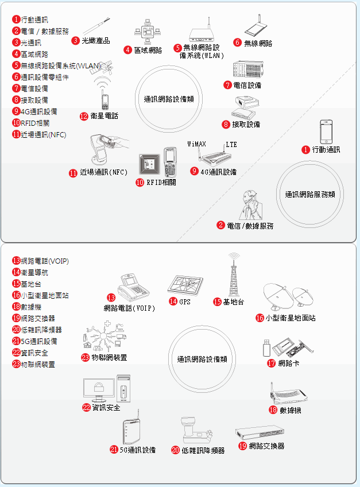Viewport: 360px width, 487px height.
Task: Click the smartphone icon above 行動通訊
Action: [x=327, y=132]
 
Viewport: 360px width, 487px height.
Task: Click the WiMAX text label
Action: [x=197, y=144]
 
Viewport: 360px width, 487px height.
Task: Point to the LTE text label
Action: [x=231, y=144]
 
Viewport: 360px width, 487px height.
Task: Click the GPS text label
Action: [x=184, y=302]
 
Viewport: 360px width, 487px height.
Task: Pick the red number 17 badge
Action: [x=272, y=363]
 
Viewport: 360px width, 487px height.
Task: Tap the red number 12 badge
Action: [x=84, y=115]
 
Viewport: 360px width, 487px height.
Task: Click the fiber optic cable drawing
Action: [x=96, y=26]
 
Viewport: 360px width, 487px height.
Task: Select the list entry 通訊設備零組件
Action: [x=44, y=77]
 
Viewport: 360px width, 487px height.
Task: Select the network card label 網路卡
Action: [x=288, y=363]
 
